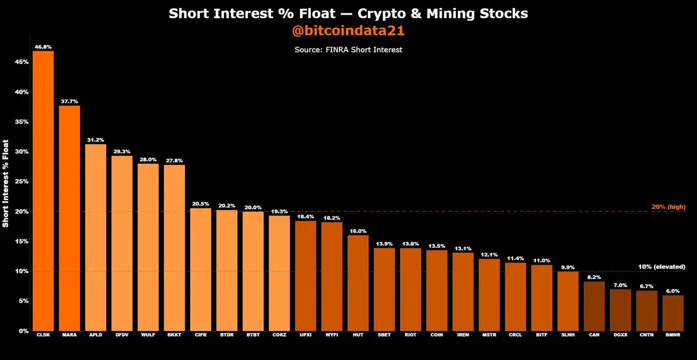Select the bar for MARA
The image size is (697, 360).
point(69,218)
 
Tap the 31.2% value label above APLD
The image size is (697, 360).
point(95,140)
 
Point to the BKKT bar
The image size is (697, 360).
point(174,248)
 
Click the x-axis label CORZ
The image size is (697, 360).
point(279,336)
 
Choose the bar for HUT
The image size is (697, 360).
point(358,283)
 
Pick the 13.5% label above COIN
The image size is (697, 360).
point(437,245)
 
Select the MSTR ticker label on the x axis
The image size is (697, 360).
point(489,336)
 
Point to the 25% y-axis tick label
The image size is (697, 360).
point(22,181)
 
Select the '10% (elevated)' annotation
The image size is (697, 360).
point(662,267)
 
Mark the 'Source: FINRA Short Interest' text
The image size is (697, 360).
point(348,50)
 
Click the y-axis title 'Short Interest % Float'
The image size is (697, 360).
point(6,183)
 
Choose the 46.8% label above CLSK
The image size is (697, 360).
point(43,46)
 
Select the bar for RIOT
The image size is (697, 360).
point(410,290)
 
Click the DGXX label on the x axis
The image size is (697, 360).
point(620,336)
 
